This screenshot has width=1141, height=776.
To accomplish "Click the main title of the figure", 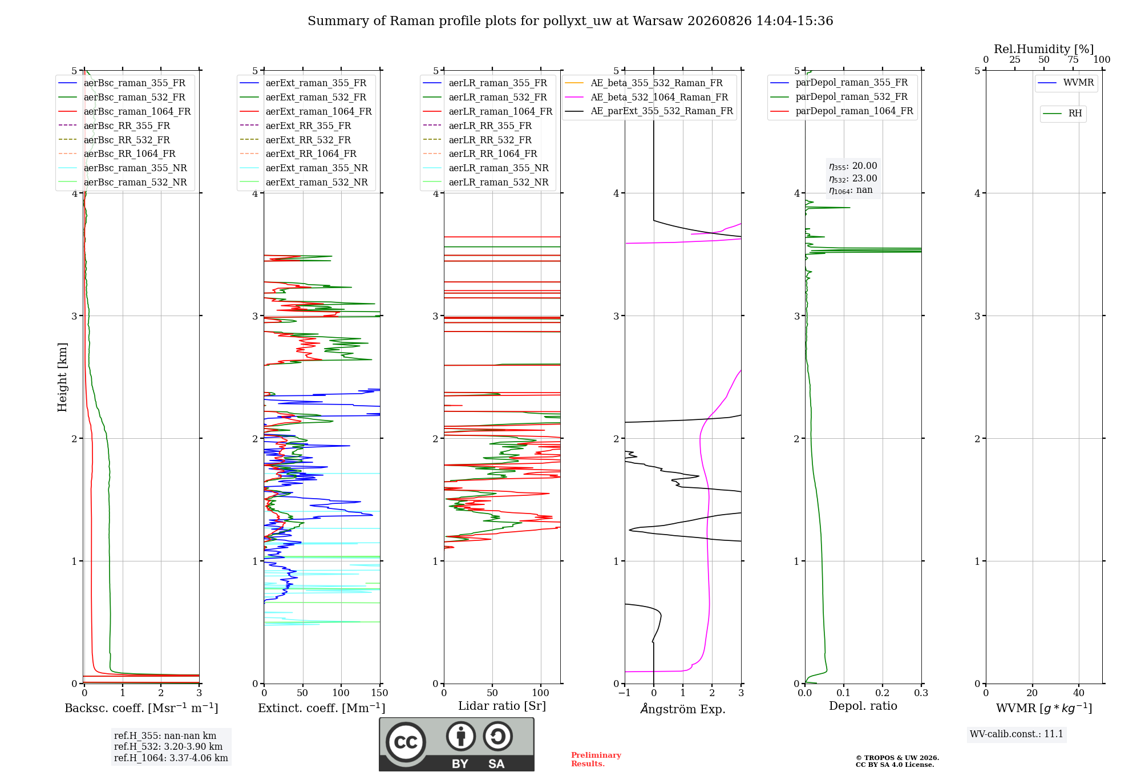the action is point(570,21).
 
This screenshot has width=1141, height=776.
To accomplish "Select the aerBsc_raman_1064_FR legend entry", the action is point(124,111).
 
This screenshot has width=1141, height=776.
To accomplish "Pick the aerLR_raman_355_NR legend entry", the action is point(485,168).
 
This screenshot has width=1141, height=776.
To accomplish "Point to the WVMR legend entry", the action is point(1066,83).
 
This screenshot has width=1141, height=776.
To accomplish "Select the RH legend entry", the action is point(1062,114).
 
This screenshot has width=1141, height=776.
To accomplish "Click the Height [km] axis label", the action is point(62,377).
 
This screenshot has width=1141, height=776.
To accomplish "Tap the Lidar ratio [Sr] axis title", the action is point(502,706).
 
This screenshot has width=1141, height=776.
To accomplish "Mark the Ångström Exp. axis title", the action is point(683,709).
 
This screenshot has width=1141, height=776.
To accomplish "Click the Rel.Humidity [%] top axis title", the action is point(1044,49).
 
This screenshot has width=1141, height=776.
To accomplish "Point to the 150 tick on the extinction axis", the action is point(379,693).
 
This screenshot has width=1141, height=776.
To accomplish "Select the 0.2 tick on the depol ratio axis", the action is point(883,693).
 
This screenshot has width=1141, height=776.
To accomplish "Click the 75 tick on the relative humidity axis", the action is point(1073,59).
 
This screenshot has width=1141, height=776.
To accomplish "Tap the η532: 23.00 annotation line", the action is point(853,179).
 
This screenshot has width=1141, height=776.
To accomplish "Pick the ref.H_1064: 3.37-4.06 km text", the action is point(171,758).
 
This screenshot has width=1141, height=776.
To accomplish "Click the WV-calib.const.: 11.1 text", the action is point(1017,734).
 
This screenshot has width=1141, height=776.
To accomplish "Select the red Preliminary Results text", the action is point(596,759).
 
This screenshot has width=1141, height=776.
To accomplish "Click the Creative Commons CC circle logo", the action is point(406,742).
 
